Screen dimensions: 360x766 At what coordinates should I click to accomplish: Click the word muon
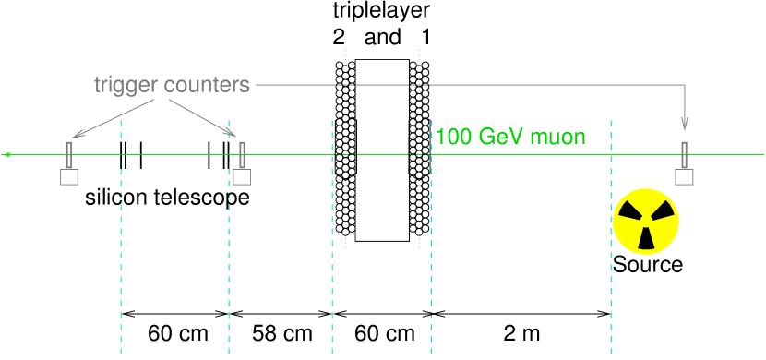[562, 138]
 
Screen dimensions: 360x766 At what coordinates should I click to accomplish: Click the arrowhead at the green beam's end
[6, 155]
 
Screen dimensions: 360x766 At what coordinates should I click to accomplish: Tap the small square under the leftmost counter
[69, 177]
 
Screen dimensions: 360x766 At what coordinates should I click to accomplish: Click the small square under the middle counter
[242, 177]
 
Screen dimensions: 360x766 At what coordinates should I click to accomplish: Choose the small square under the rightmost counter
[684, 177]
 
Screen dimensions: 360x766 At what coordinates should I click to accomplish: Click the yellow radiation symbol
[646, 222]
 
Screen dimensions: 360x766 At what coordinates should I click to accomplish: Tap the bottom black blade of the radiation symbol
[646, 240]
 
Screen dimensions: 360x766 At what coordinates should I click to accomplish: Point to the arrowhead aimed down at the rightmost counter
[684, 126]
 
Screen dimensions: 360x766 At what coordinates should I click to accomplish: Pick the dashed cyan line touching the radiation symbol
[611, 277]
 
